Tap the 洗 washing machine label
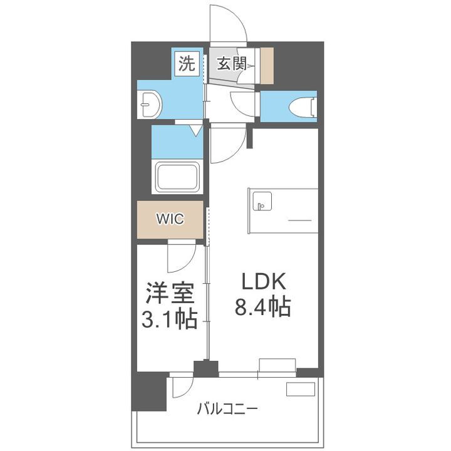point(187,63)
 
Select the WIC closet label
point(170,219)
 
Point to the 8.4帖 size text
point(262,307)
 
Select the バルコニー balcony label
point(227,410)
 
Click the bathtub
point(177,177)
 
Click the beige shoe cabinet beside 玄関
point(267,65)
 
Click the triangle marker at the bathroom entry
point(195,130)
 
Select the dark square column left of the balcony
point(150,391)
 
